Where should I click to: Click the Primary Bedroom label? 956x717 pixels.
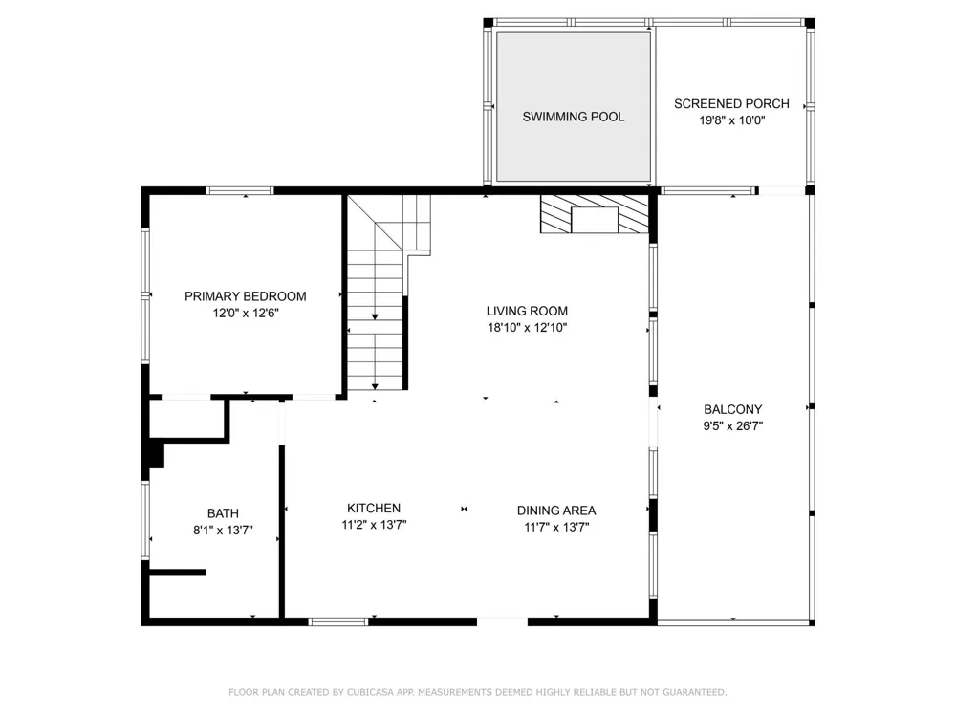coord(245,296)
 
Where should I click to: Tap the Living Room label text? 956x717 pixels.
coord(527,311)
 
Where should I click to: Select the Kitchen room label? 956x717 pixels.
coord(374,508)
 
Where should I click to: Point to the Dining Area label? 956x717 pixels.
coord(556,511)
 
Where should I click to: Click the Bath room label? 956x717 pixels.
coord(223,513)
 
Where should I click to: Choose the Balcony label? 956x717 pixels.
coord(733,410)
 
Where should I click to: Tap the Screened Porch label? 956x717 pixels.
coord(731,103)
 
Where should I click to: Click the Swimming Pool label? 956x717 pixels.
coord(573,117)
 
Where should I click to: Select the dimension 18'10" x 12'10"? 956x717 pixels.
coord(527,327)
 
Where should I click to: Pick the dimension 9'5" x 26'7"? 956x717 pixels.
coord(733,426)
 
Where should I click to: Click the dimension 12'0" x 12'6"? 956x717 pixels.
coord(245,313)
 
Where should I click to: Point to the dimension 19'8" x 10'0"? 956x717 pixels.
coord(731,120)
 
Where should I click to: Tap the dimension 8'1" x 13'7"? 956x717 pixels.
coord(223,530)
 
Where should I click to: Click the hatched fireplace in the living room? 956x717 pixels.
coord(595,214)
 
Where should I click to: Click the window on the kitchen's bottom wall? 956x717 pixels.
coord(338,622)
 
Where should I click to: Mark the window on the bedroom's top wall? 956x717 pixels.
coord(240,191)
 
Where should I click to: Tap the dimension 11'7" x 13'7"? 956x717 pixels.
coord(556,527)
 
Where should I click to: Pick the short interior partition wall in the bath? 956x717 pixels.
coord(178,572)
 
